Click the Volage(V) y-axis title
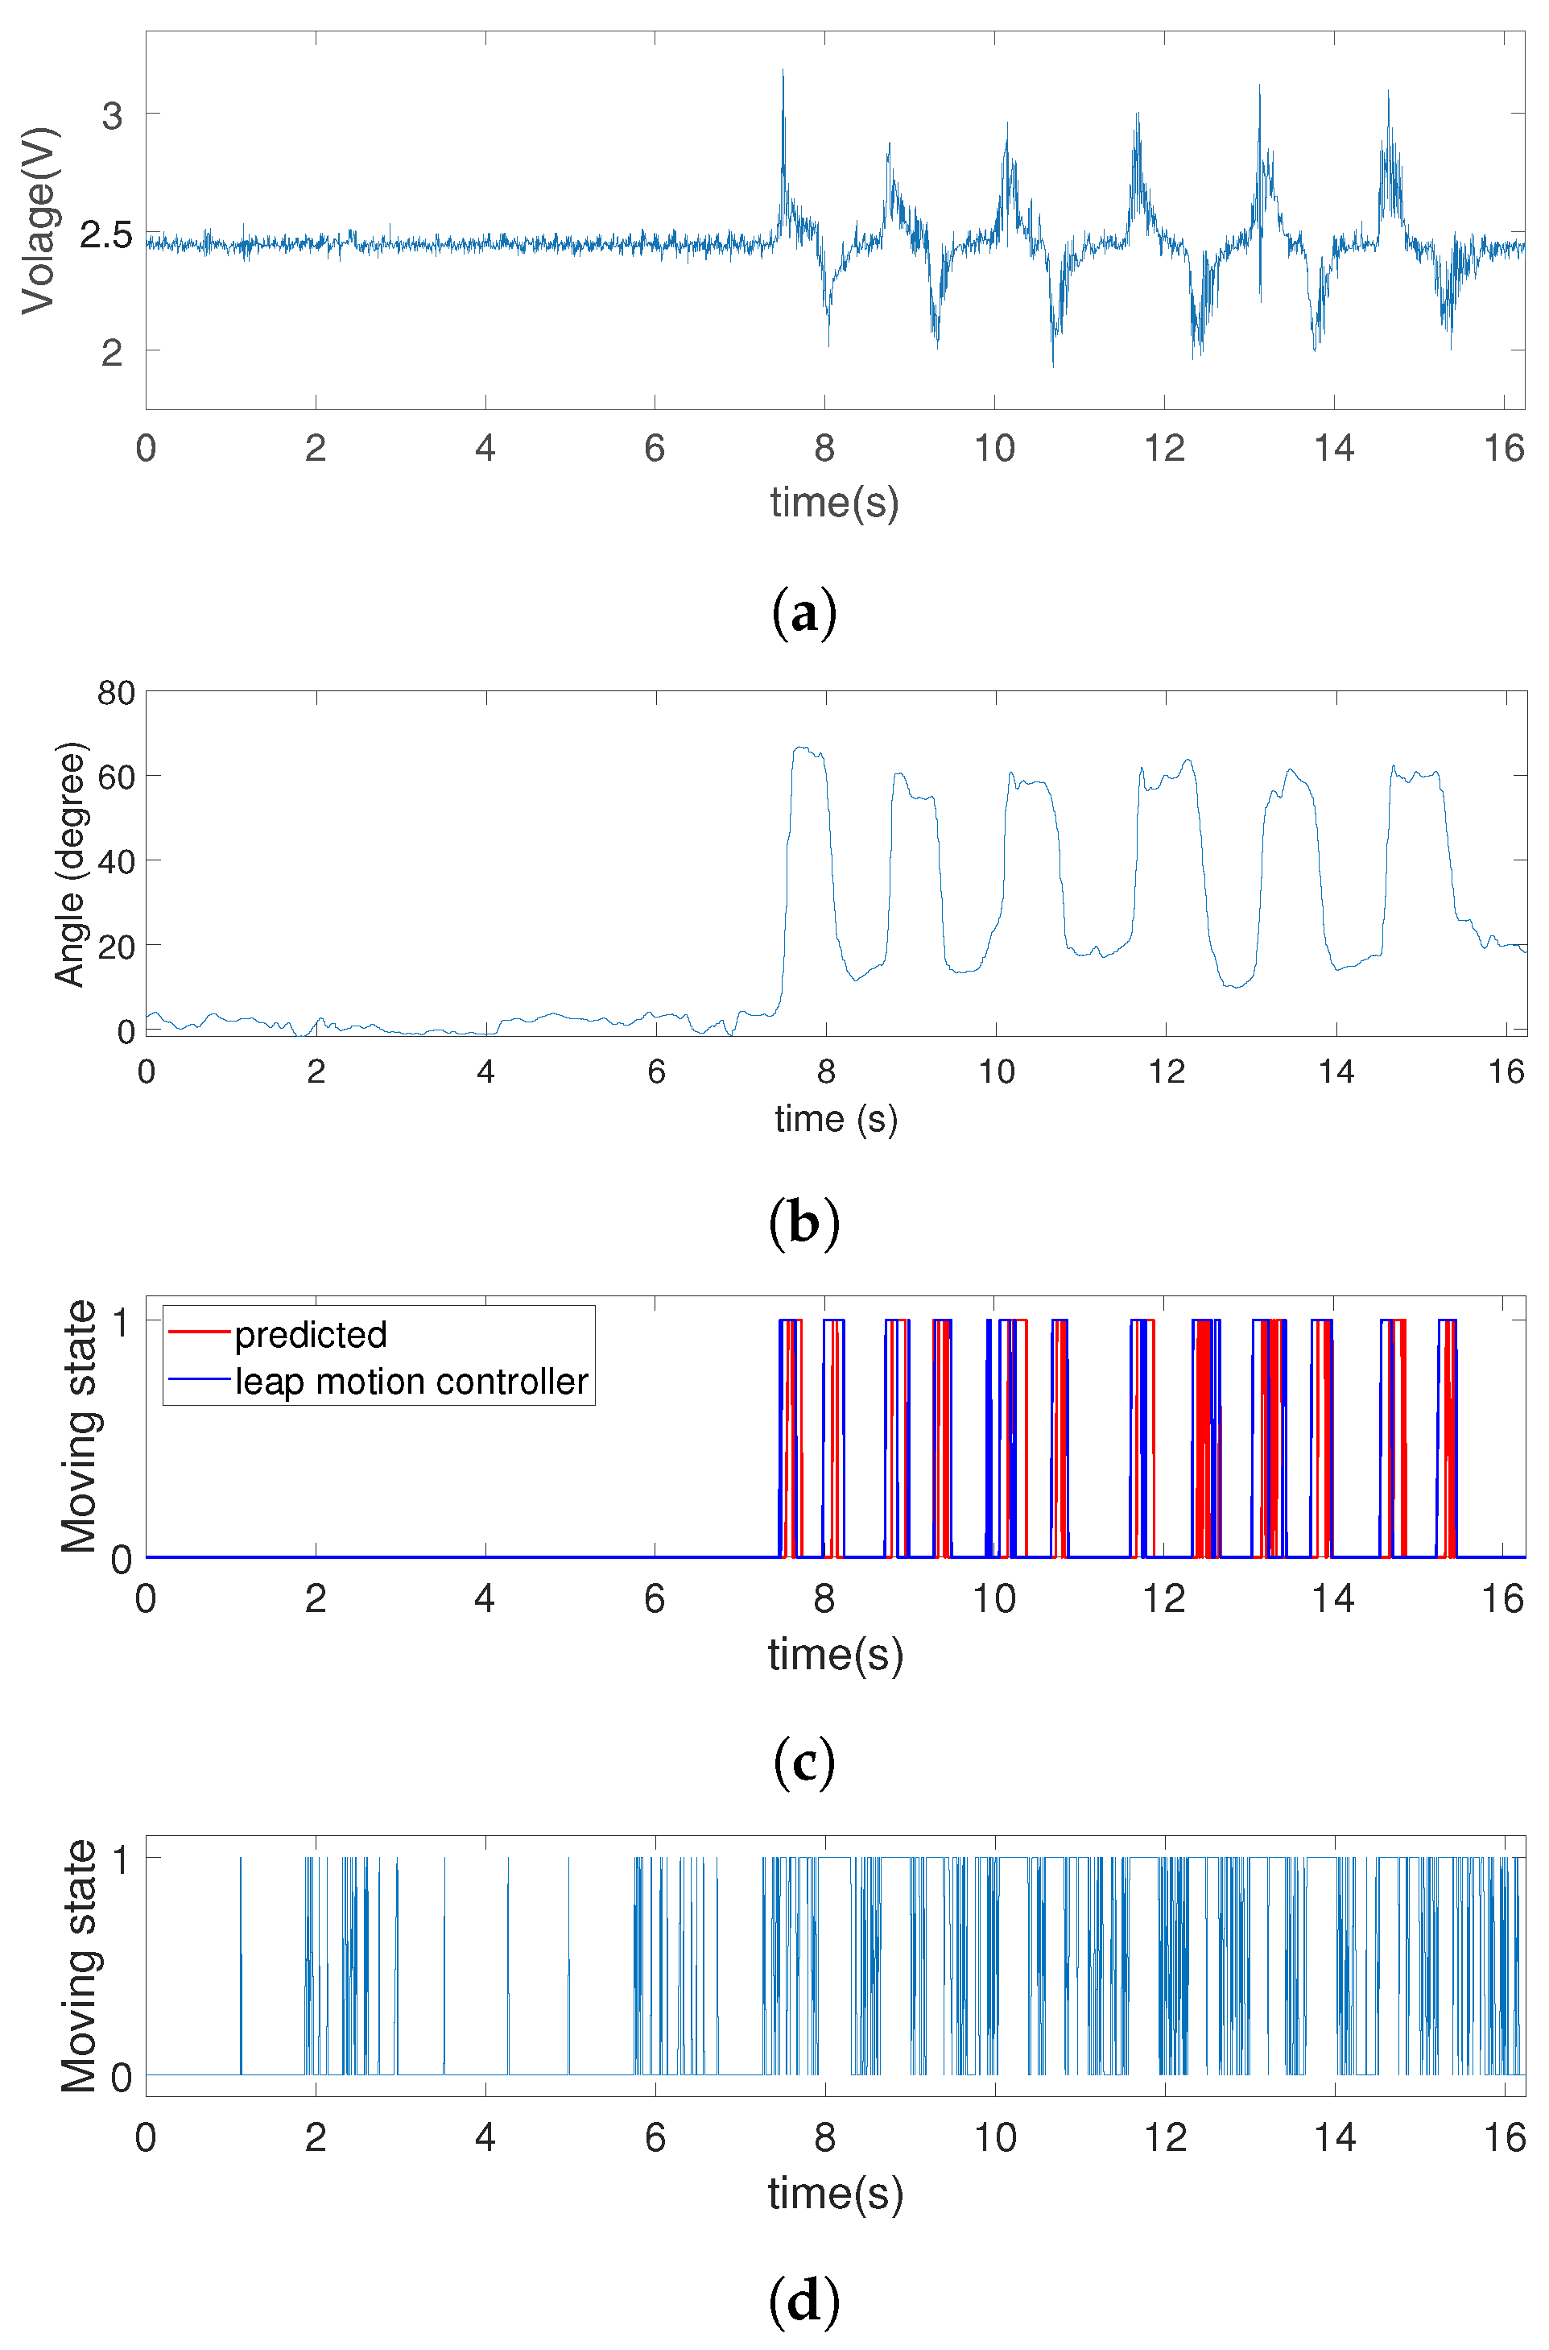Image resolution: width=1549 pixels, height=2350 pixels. click(39, 219)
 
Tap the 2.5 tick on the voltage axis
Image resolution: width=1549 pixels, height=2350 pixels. click(105, 235)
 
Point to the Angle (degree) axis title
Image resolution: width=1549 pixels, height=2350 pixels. click(69, 864)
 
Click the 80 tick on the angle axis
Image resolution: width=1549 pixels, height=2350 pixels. click(116, 693)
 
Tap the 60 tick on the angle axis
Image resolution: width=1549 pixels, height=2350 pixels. click(116, 777)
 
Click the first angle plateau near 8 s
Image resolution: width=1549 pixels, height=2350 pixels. click(808, 752)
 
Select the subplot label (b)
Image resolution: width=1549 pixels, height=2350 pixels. click(804, 1222)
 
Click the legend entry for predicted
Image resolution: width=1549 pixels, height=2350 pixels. click(310, 1335)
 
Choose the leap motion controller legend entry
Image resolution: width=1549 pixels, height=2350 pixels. click(411, 1382)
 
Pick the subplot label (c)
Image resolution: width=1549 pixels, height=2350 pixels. click(804, 1763)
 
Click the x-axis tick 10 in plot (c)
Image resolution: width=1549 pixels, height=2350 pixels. click(993, 1599)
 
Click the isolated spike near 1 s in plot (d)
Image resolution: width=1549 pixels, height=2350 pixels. click(240, 1967)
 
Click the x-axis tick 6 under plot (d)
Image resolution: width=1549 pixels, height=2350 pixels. click(655, 2137)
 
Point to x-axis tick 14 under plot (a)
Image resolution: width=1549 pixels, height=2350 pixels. click(1334, 449)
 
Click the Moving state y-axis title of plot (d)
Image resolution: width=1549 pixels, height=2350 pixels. click(79, 1966)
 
